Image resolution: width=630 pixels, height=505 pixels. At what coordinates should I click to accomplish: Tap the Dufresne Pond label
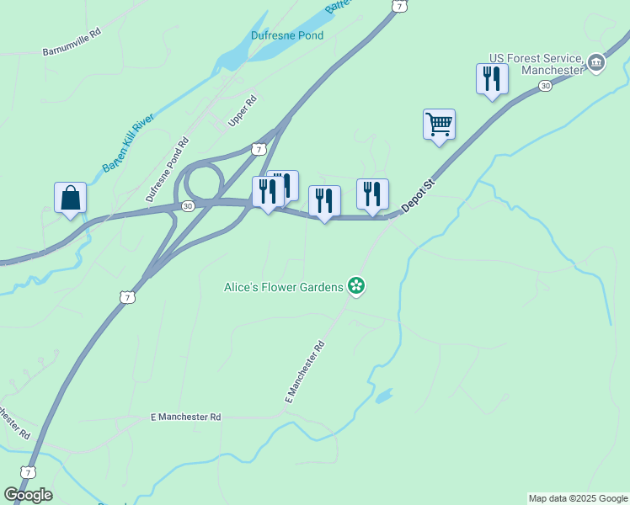(287, 35)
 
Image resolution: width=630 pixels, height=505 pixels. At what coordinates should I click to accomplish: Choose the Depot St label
(418, 194)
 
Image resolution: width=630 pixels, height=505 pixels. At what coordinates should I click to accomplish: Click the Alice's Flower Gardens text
(283, 287)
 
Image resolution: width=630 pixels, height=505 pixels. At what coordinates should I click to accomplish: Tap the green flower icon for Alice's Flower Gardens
(357, 287)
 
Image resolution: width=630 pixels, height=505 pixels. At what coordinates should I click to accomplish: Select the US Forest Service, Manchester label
(537, 64)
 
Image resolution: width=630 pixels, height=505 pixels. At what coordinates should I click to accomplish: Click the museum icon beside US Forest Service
(595, 62)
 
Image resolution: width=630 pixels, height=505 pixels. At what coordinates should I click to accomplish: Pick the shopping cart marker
(439, 125)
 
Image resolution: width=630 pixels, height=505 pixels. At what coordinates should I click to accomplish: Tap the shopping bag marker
(71, 199)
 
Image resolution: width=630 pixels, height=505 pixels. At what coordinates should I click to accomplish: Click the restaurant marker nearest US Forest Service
(492, 79)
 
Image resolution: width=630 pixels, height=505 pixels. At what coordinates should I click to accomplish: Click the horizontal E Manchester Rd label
(185, 417)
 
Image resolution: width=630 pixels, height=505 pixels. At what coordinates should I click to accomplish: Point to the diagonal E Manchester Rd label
(305, 371)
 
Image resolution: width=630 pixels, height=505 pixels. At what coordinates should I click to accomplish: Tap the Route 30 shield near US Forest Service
(545, 87)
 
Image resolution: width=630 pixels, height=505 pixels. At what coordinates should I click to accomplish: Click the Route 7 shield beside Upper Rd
(259, 149)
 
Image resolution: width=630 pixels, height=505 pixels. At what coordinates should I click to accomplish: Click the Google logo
(29, 495)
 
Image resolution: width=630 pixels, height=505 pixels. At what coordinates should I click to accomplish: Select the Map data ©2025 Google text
(577, 498)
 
